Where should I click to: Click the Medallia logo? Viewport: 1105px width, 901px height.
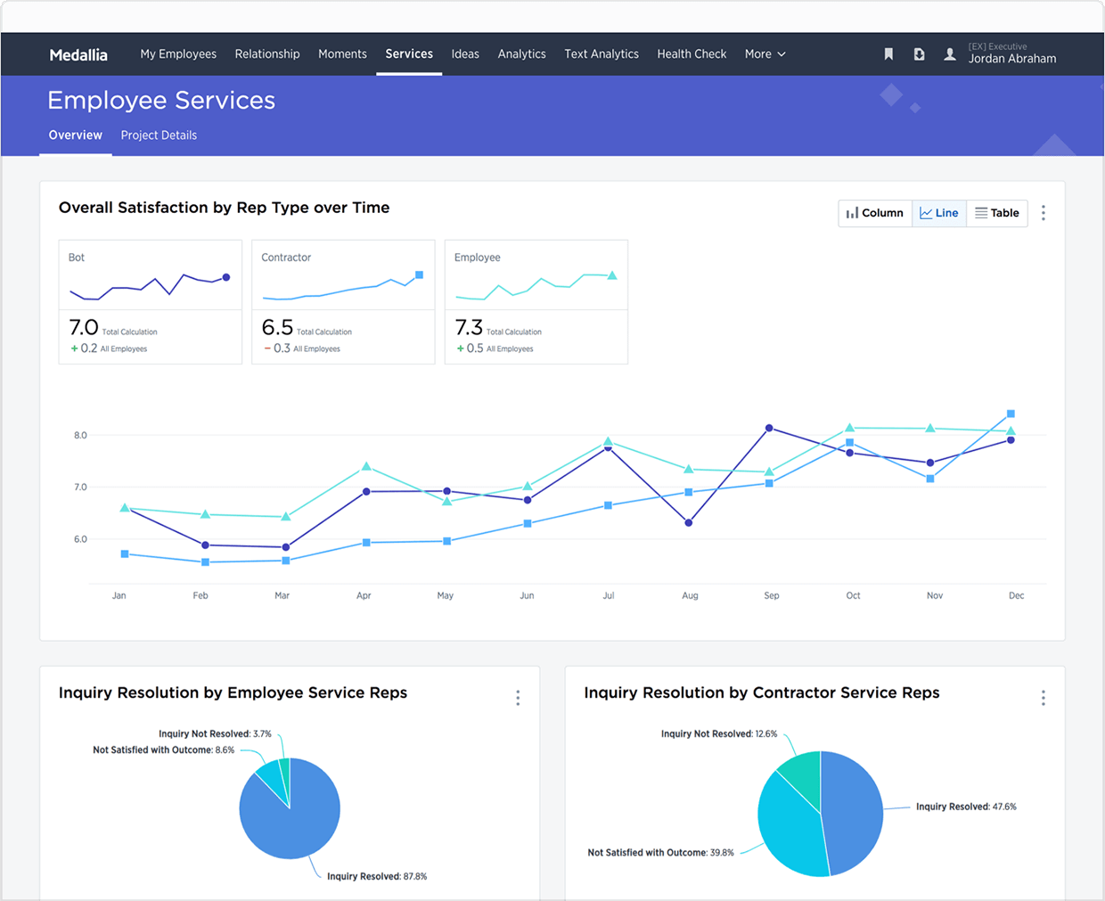point(78,55)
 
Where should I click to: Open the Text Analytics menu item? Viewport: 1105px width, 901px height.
point(602,54)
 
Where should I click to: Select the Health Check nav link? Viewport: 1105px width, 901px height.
point(692,54)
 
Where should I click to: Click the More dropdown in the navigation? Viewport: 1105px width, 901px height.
point(765,54)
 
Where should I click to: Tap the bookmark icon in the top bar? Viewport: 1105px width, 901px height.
point(888,54)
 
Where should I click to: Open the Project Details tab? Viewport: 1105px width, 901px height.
point(159,135)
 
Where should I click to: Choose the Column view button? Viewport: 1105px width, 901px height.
point(875,213)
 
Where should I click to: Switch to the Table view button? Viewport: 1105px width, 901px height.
point(997,213)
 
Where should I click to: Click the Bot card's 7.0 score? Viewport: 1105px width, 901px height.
point(84,328)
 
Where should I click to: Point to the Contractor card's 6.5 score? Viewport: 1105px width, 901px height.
point(277,328)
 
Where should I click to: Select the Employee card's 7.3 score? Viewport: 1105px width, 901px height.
point(469,328)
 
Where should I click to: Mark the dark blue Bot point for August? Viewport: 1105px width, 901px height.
point(688,523)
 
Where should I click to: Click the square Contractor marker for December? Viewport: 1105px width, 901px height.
point(1011,414)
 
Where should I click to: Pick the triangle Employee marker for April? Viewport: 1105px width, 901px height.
point(366,466)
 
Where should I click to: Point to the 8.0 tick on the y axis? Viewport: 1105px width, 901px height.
point(80,436)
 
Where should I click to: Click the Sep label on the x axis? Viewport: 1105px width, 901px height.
point(772,595)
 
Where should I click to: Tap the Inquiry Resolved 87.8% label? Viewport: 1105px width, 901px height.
point(377,877)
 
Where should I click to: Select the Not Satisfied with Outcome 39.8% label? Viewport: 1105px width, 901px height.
point(660,853)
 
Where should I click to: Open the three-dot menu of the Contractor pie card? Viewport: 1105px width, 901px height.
point(1043,698)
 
